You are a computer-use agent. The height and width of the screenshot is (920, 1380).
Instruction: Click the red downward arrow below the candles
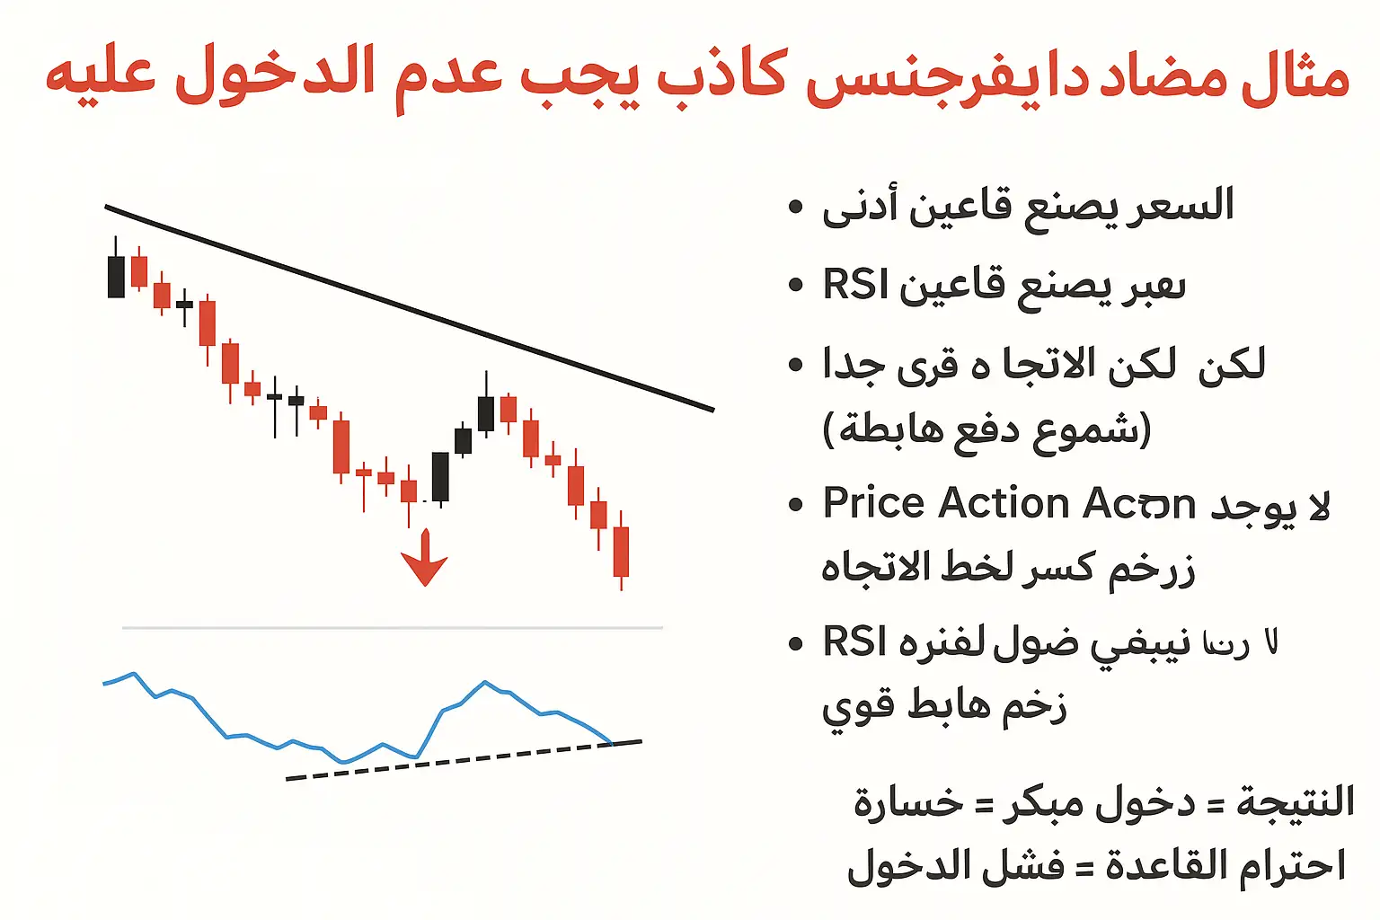pos(424,559)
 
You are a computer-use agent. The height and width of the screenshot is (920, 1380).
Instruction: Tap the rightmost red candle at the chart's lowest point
pos(621,551)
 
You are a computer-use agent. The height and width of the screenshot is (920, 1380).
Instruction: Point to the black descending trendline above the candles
pos(409,308)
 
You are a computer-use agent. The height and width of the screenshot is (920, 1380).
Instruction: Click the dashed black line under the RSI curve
pos(449,762)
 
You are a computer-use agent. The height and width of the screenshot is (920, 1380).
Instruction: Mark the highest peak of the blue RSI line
pos(485,683)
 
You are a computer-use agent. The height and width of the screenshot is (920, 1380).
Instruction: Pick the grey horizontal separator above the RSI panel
pos(392,628)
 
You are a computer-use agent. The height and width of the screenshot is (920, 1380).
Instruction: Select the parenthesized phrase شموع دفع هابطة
pos(986,430)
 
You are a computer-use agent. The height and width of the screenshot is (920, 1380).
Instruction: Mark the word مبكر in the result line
pos(1042,802)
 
